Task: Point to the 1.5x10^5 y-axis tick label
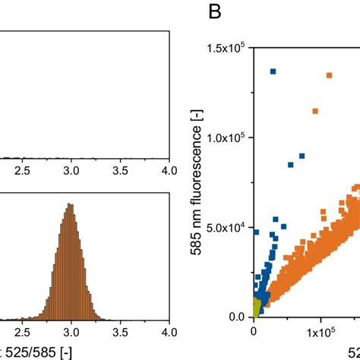(225, 49)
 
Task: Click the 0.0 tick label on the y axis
(236, 317)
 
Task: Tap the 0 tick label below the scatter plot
(254, 333)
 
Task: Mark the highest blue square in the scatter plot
(273, 71)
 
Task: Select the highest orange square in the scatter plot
(329, 75)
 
